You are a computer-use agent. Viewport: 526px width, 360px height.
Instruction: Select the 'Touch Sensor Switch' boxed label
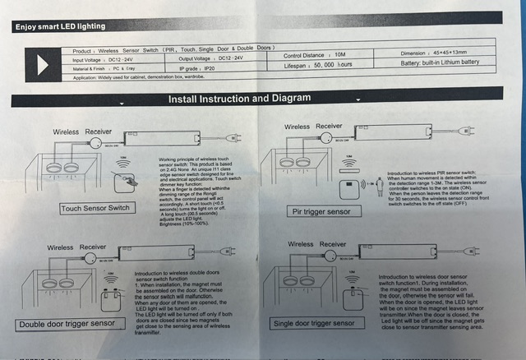96,208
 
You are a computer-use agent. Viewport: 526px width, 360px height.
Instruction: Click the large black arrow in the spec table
43,63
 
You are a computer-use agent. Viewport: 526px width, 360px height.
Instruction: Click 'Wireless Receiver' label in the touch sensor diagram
83,132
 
